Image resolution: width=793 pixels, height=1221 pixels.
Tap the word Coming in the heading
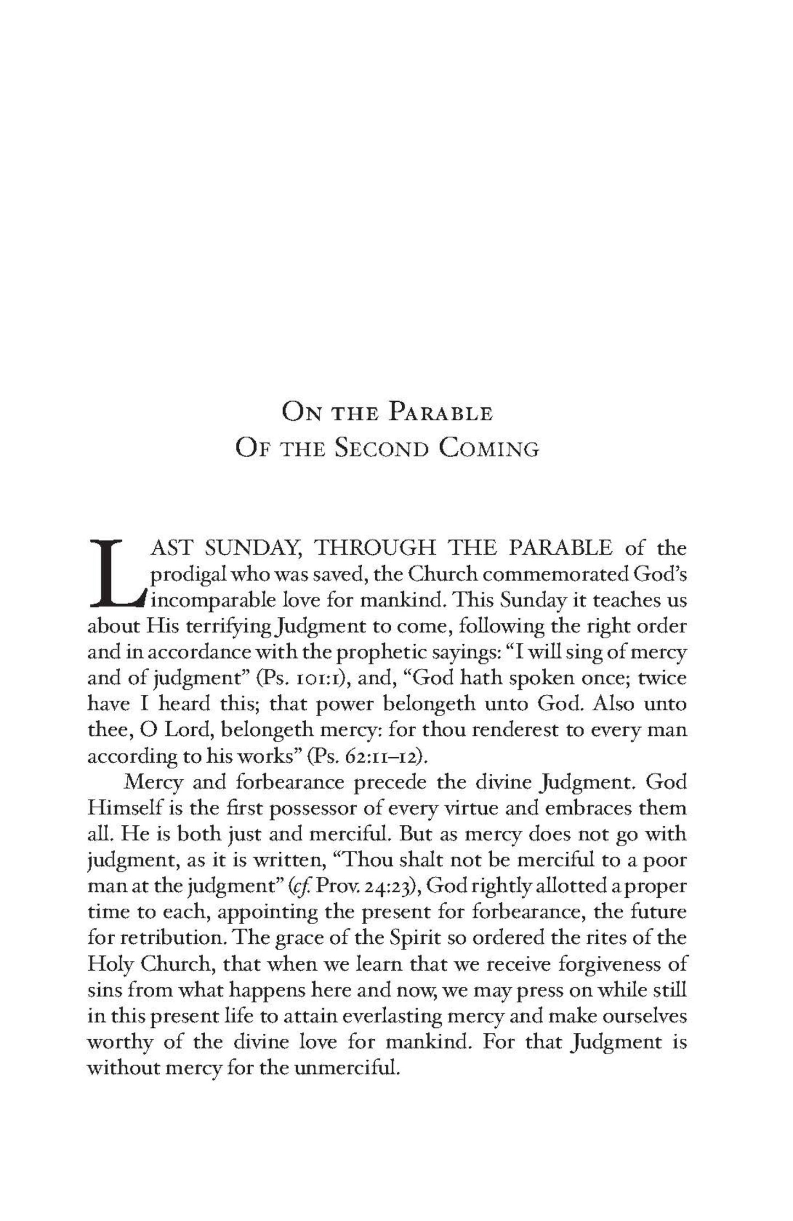pos(489,449)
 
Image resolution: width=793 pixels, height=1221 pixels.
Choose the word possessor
pos(312,808)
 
